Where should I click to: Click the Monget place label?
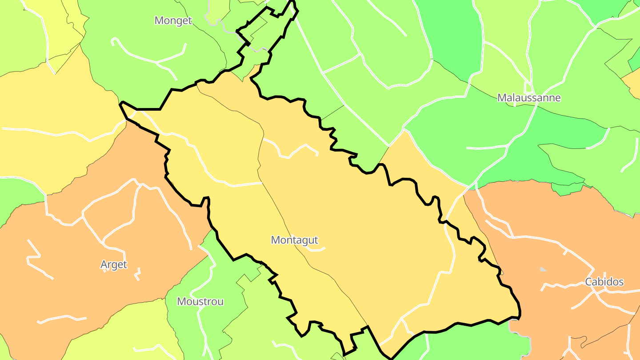click(173, 20)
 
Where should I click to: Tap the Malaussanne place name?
click(529, 98)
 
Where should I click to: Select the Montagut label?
click(295, 240)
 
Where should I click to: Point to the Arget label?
click(114, 264)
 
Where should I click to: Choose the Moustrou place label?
click(200, 301)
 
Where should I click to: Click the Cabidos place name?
click(604, 282)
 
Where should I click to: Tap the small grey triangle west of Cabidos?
click(543, 269)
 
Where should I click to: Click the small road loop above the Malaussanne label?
click(528, 86)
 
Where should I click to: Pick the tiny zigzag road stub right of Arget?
click(138, 272)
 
